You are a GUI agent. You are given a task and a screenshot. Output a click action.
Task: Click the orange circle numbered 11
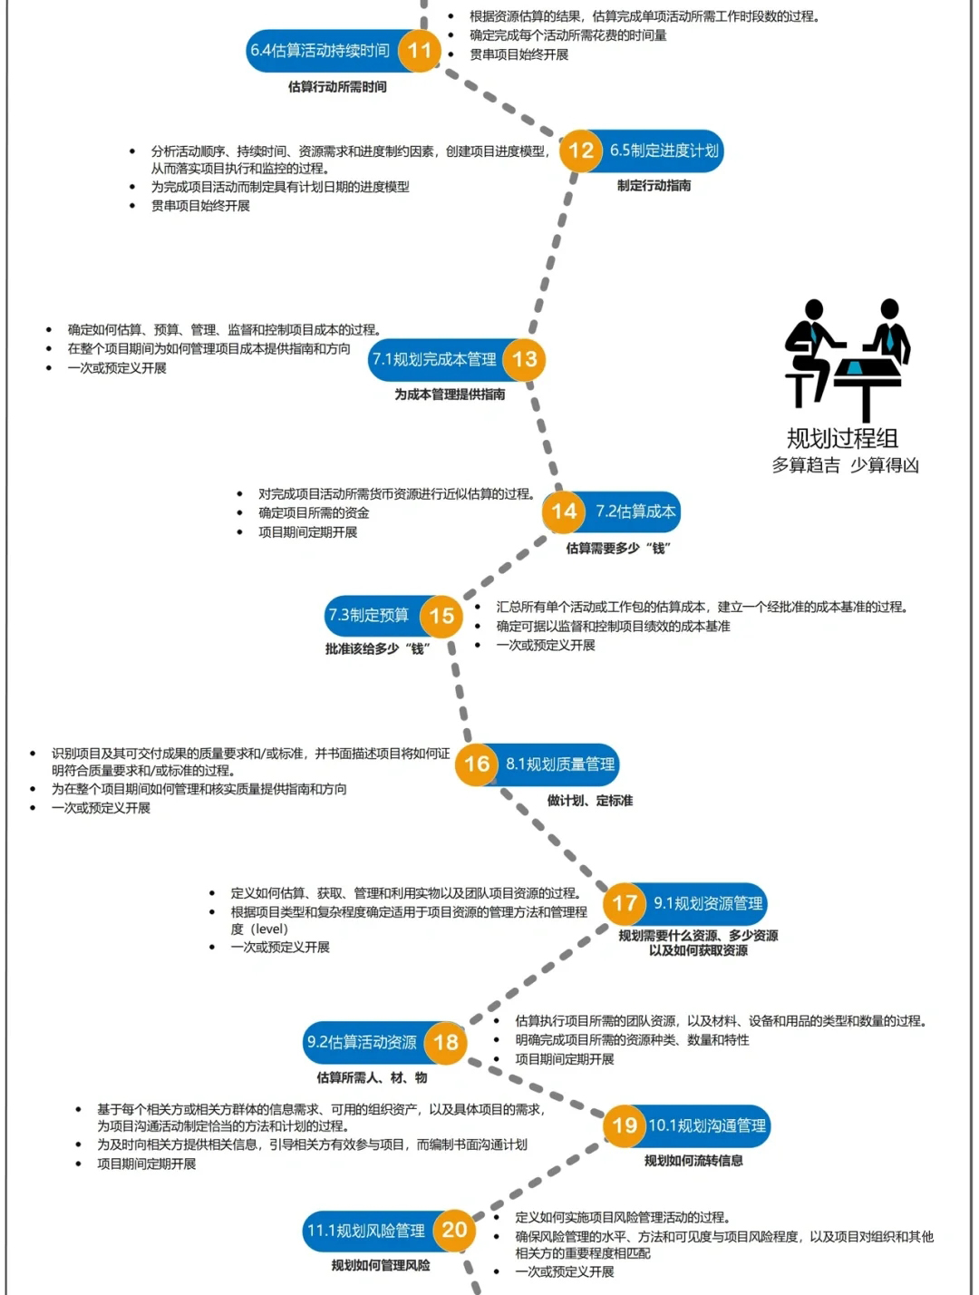click(420, 50)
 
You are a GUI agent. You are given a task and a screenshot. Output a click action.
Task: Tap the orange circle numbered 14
click(564, 511)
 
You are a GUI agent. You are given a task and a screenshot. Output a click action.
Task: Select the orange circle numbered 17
click(625, 903)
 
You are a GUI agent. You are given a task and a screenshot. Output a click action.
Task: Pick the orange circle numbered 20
click(454, 1230)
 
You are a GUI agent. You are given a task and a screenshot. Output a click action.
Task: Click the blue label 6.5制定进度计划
click(664, 151)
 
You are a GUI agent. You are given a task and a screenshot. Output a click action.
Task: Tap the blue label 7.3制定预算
click(369, 616)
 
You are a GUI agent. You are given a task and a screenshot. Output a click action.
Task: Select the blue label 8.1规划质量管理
click(560, 764)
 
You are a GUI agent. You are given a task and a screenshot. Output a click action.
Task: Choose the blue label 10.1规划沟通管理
click(707, 1125)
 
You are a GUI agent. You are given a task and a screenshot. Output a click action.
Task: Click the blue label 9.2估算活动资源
click(362, 1042)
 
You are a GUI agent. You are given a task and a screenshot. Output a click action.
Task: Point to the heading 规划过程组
click(843, 438)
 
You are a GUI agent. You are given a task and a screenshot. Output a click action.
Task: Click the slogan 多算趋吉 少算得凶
click(845, 465)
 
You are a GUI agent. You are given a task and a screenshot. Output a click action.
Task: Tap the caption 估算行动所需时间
click(337, 87)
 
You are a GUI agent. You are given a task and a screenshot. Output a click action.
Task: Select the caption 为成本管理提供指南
click(450, 394)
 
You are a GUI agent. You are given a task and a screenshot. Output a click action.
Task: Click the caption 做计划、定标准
click(590, 800)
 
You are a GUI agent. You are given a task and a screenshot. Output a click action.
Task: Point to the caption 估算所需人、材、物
click(373, 1077)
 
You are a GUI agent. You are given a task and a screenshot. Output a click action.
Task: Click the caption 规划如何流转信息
click(693, 1160)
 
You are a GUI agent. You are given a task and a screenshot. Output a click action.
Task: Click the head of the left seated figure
click(814, 309)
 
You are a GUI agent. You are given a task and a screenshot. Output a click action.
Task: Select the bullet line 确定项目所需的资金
click(314, 512)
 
